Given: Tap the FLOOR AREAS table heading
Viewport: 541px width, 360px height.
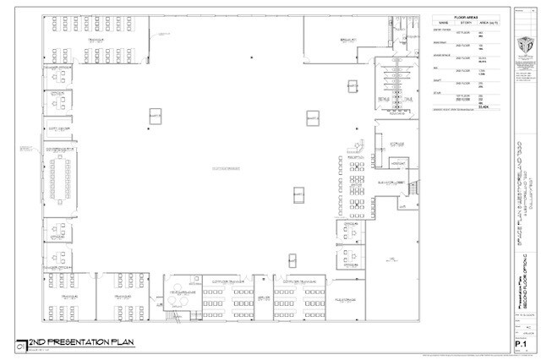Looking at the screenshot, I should click(466, 16).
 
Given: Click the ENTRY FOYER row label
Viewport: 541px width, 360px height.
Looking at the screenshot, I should click(443, 30).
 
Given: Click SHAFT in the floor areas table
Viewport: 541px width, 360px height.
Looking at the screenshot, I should click(439, 81).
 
